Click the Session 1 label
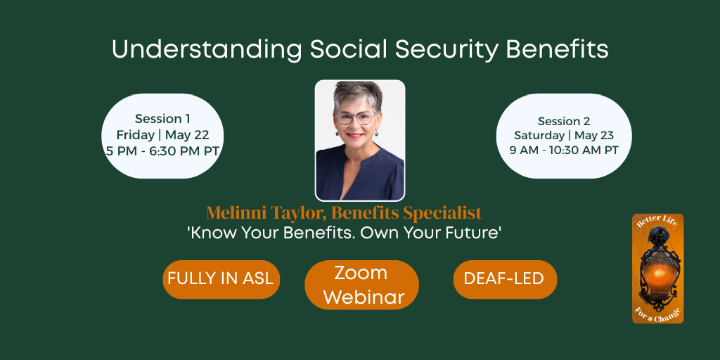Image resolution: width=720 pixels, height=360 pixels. (162, 119)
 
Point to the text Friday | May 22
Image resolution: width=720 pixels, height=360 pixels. (162, 135)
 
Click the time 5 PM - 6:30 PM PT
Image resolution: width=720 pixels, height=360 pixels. (162, 151)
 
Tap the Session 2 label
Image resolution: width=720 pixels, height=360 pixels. (564, 121)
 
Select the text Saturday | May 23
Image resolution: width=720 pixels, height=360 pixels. (564, 135)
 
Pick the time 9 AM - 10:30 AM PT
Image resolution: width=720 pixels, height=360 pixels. (564, 150)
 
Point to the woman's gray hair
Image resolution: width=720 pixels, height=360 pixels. (359, 94)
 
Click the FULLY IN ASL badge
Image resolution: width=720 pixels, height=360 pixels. (221, 279)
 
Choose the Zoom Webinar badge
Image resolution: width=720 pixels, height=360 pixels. (361, 285)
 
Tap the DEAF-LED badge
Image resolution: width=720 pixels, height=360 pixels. (504, 279)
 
